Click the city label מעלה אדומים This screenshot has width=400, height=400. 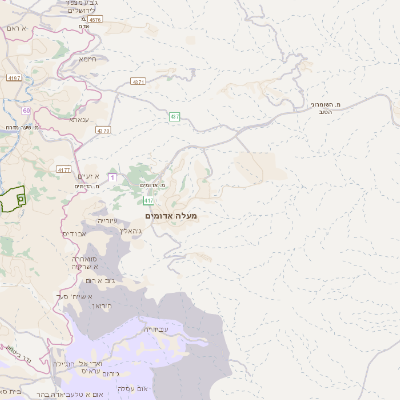click(171, 216)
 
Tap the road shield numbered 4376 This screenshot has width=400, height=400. click(95, 19)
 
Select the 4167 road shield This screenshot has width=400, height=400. click(14, 77)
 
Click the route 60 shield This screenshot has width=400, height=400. click(26, 109)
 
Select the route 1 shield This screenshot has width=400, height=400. click(112, 177)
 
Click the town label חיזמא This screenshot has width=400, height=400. click(89, 59)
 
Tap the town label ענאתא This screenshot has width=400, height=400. click(80, 119)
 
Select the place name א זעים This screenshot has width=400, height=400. click(90, 176)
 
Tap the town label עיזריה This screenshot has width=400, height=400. click(107, 219)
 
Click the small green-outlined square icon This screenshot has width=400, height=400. click(21, 200)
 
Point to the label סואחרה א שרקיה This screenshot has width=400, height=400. click(84, 262)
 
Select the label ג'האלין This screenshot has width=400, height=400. click(131, 230)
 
